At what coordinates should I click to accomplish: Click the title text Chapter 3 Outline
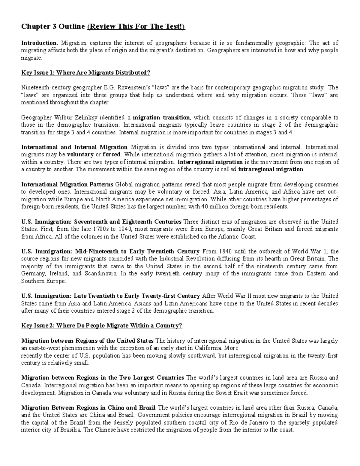click(x=53, y=27)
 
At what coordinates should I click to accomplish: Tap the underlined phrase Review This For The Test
click(x=136, y=27)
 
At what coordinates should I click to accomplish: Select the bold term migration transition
click(x=161, y=117)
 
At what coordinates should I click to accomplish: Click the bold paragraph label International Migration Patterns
click(x=67, y=184)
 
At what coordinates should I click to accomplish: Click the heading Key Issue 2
click(x=101, y=326)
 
